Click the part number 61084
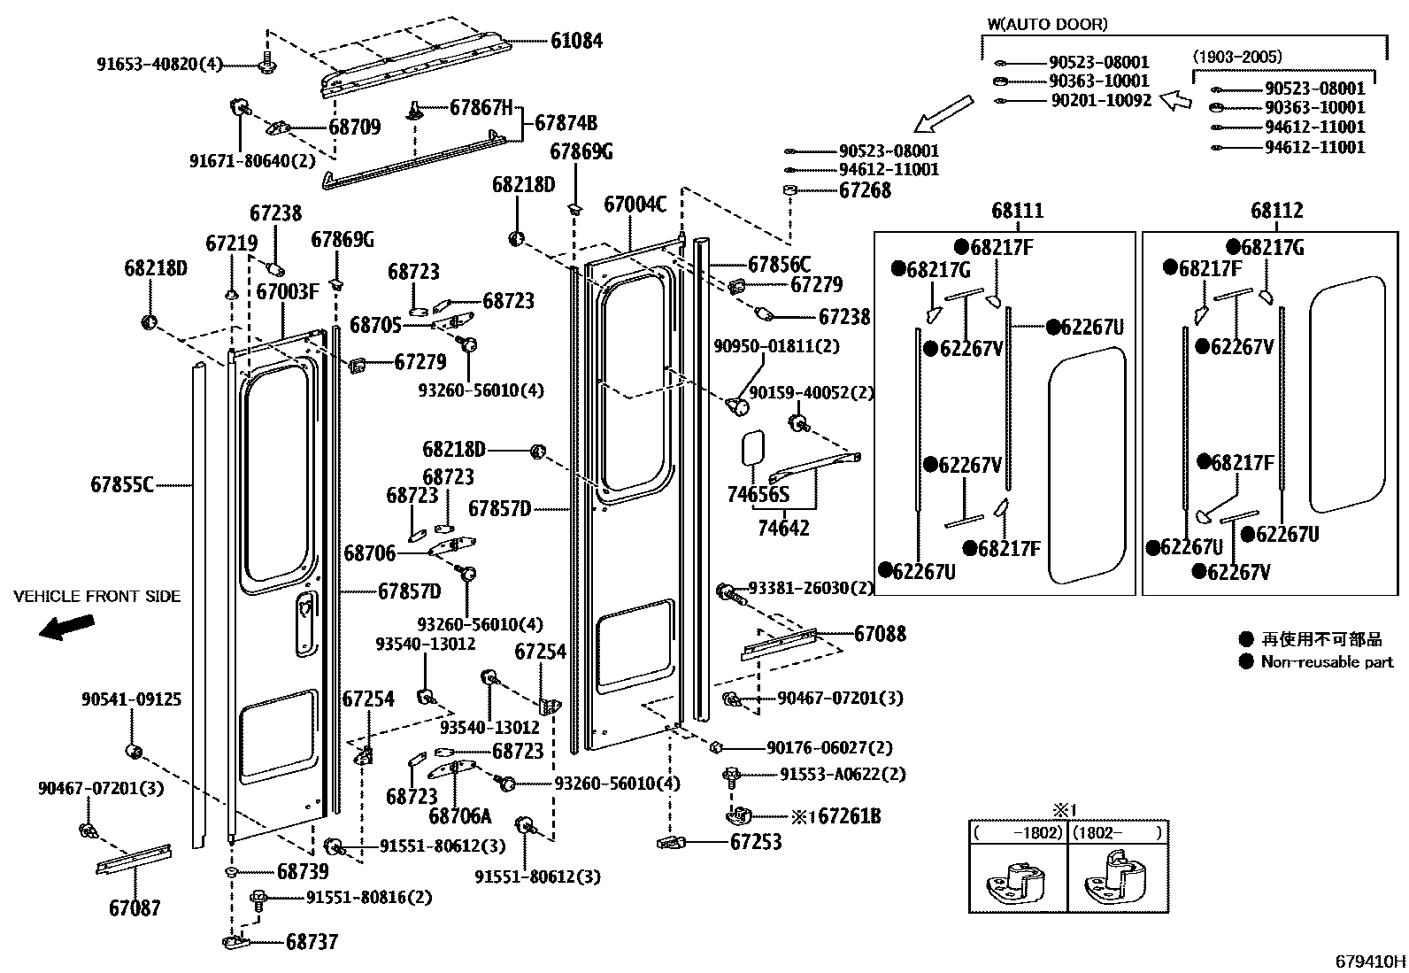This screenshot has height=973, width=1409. tap(576, 41)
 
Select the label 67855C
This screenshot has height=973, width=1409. tap(122, 484)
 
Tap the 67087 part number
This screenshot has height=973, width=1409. tap(135, 907)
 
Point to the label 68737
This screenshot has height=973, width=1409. tap(312, 942)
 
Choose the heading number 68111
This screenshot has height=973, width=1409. tap(1017, 211)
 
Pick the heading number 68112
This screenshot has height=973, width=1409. tap(1277, 211)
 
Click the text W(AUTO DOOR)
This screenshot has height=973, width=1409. tap(1047, 25)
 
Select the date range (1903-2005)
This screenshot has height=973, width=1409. tap(1236, 57)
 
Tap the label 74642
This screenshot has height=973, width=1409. tap(783, 528)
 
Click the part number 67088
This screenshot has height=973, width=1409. tap(880, 634)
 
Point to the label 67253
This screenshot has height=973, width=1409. tap(756, 842)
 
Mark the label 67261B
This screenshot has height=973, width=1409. tap(844, 816)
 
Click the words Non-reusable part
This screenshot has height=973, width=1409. tap(1327, 661)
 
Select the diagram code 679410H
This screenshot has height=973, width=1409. tap(1370, 961)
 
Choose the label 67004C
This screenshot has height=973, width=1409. tap(635, 205)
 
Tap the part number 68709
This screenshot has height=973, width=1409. tap(354, 127)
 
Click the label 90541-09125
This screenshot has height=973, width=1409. tap(131, 699)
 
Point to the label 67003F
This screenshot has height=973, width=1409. tap(288, 290)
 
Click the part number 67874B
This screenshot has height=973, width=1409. tap(566, 123)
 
